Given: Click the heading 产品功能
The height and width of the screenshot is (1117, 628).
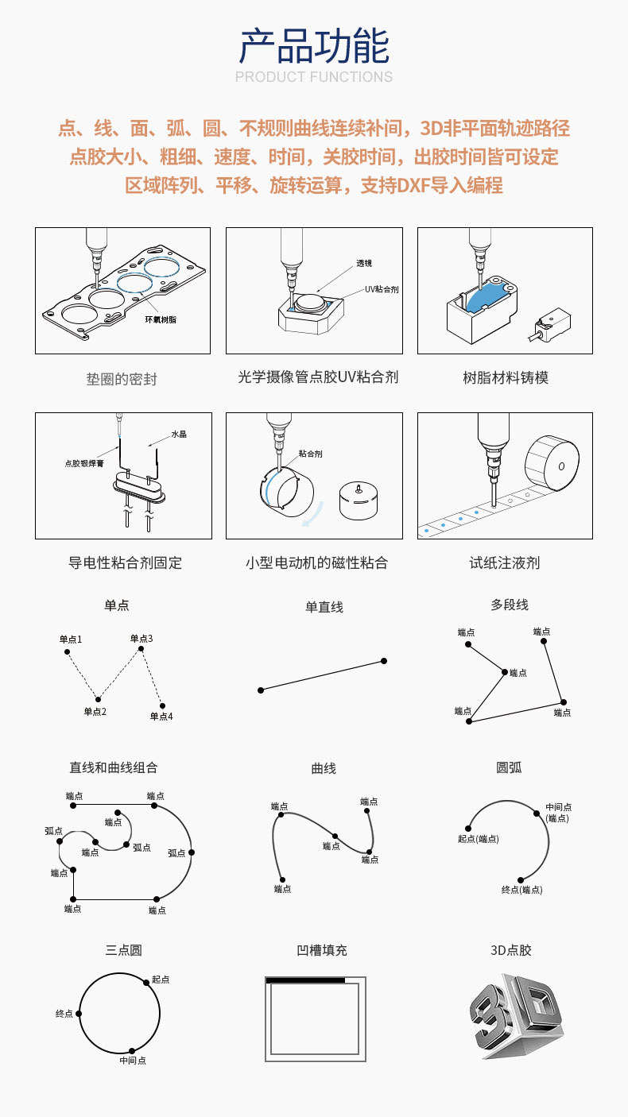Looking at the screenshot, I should pos(314,45).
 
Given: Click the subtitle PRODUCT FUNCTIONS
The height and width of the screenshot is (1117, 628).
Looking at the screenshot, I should pos(314,77).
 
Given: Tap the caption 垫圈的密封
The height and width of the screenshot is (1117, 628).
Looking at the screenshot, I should pos(122,379).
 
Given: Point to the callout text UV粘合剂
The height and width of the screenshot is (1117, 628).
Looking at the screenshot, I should pos(381,289).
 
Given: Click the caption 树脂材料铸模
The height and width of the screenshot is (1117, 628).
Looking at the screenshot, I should pos(506,377).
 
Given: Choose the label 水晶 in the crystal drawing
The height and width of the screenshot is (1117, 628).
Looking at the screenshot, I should pos(179,435).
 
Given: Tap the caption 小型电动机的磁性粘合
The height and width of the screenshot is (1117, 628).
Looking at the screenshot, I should pos(316,562).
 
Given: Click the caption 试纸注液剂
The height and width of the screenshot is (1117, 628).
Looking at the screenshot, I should pos(505,562).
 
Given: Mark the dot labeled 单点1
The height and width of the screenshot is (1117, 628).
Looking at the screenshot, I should pos(67,652).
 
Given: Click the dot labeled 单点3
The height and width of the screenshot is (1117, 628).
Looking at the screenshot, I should pos(141,649).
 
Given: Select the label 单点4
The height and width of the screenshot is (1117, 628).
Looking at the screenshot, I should pos(161,716).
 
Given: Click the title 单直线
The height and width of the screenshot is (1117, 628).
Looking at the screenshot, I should pos(324,607).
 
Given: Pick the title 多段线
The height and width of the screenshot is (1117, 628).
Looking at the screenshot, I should pos(510,605).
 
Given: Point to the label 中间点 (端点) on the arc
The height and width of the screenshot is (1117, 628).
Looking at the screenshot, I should pos(558,812).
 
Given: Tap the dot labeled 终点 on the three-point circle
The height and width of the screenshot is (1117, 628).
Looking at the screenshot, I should pos(78,1014).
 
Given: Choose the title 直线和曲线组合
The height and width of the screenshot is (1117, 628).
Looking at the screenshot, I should pos(114,767).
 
